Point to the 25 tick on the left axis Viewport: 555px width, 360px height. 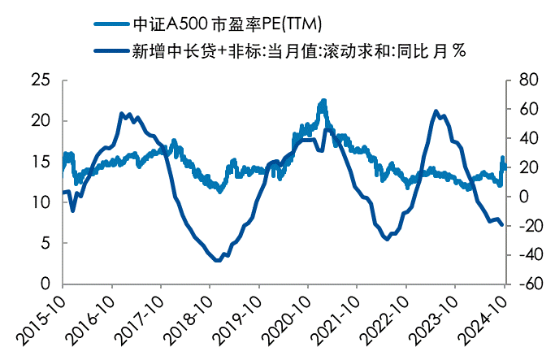[x=41, y=80]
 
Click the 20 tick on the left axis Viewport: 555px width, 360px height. [x=41, y=120]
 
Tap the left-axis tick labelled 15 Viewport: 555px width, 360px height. [x=41, y=162]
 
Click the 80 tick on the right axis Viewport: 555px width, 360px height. [x=524, y=80]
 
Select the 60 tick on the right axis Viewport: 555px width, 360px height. [x=524, y=109]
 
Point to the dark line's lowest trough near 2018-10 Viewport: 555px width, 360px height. [x=217, y=260]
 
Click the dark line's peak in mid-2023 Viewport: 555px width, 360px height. [x=436, y=111]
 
